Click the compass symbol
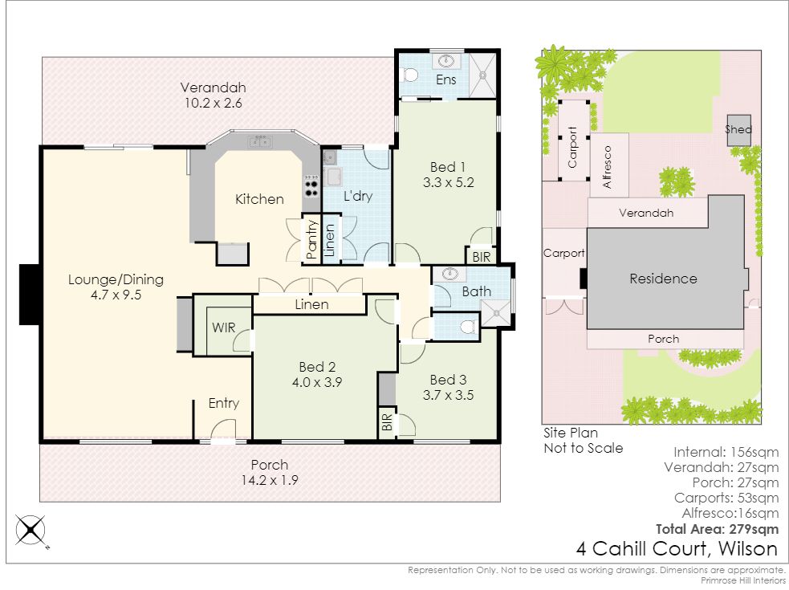click(31, 530)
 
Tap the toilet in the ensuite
click(410, 75)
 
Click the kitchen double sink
click(259, 141)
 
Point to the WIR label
click(224, 328)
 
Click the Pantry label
click(311, 239)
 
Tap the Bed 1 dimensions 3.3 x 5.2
click(449, 182)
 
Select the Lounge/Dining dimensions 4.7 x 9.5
click(116, 295)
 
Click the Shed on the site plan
click(738, 130)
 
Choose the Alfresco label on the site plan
click(608, 167)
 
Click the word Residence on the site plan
click(663, 279)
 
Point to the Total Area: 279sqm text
click(717, 529)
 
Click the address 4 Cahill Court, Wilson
click(677, 548)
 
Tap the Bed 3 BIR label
click(386, 422)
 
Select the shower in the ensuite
click(482, 75)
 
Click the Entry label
click(224, 403)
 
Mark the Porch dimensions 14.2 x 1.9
click(270, 480)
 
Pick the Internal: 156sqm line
click(726, 452)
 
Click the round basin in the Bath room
click(449, 275)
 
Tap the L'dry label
click(358, 196)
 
